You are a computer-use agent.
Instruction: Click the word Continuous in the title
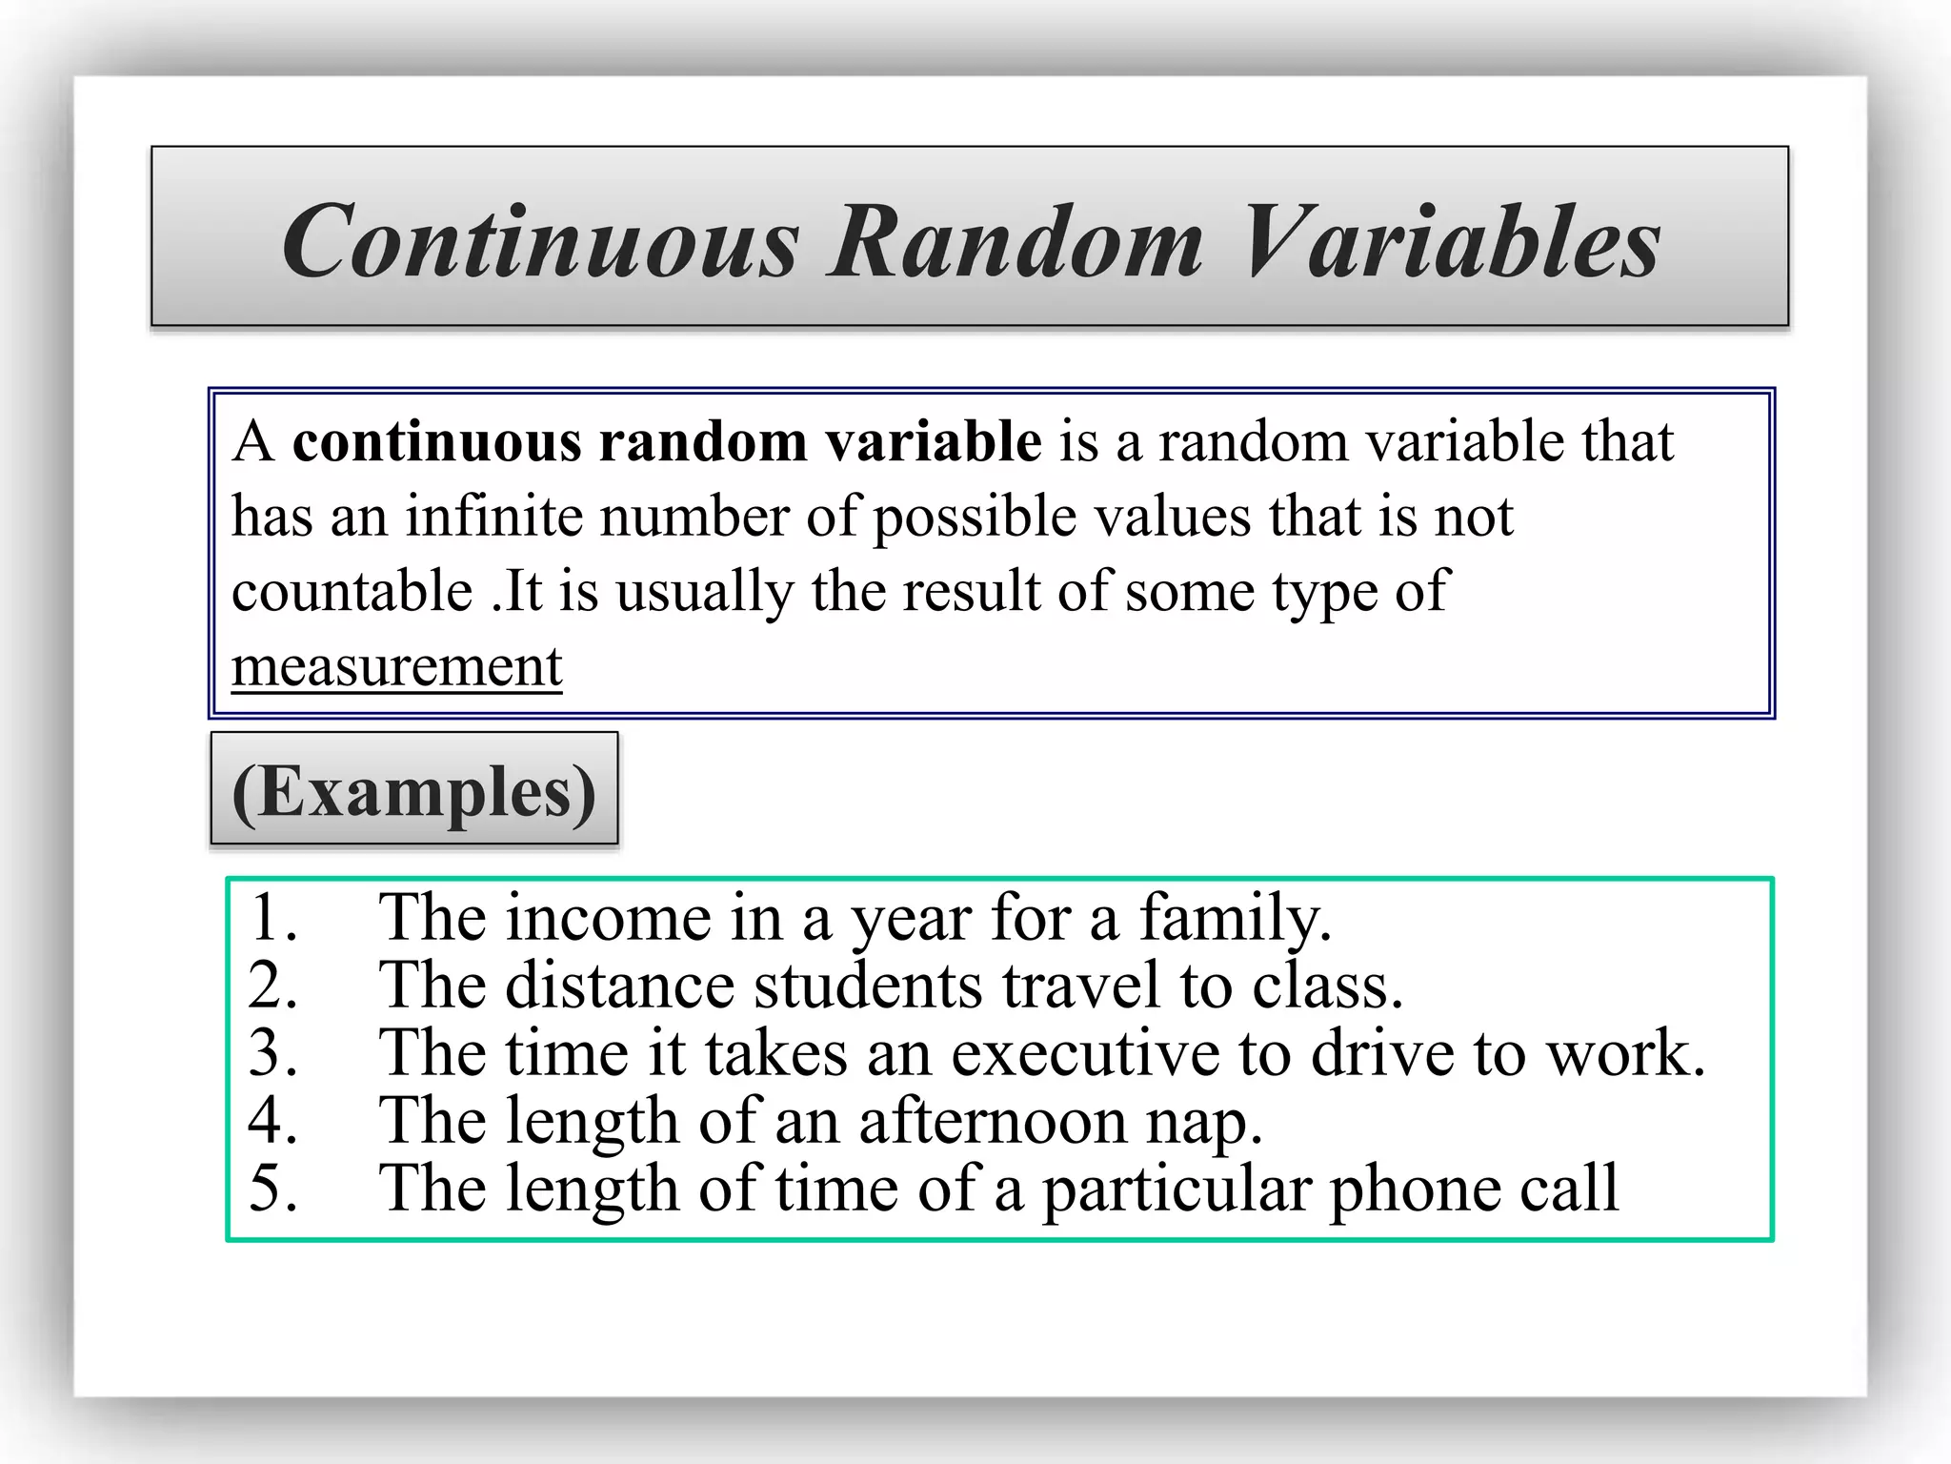click(x=540, y=242)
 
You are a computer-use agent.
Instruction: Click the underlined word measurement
click(x=396, y=665)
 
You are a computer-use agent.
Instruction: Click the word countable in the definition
click(x=352, y=591)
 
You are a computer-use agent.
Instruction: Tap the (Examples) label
click(x=413, y=791)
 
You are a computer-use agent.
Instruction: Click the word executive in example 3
click(x=1085, y=1053)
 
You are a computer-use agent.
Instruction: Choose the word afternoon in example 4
click(x=994, y=1121)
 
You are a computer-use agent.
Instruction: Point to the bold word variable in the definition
click(x=933, y=441)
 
